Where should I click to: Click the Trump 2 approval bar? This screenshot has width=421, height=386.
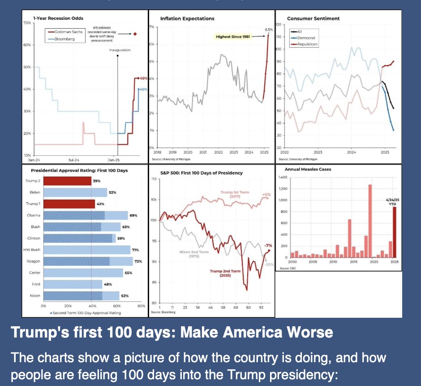(x=67, y=181)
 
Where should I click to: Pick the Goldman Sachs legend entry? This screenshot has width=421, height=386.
(x=66, y=33)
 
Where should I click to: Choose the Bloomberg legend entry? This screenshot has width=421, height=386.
(x=63, y=39)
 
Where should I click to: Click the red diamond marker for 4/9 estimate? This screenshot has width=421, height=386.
(x=135, y=34)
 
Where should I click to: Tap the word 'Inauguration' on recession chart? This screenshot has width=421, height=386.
(x=120, y=50)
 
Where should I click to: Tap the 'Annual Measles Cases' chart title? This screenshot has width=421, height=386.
(x=309, y=169)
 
